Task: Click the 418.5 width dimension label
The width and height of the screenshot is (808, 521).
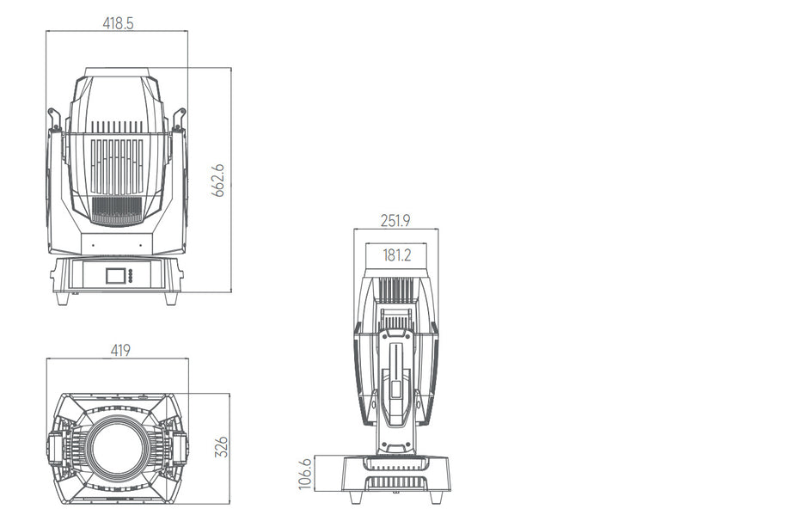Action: tap(118, 23)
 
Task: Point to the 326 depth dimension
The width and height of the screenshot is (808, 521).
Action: tap(220, 447)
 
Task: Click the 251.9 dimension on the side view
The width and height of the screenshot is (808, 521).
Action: tap(395, 221)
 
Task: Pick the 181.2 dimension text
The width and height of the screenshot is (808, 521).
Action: tap(396, 254)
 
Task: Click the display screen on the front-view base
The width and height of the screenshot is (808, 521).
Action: tap(114, 276)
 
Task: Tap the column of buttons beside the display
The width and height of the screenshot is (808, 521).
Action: tap(131, 276)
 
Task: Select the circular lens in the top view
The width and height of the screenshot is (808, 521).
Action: tap(116, 448)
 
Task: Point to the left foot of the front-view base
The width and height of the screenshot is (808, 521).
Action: tap(63, 298)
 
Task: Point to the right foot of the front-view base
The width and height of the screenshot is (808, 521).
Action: tap(170, 298)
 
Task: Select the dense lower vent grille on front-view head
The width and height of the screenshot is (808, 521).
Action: tap(116, 209)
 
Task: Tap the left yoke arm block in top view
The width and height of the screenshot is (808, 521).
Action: tap(57, 448)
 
